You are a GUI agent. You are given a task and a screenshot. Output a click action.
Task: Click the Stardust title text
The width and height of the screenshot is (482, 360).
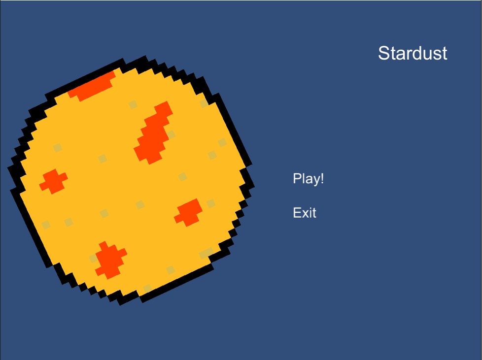pyautogui.click(x=413, y=53)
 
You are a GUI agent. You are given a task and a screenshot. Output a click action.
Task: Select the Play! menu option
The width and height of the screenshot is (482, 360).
pyautogui.click(x=308, y=179)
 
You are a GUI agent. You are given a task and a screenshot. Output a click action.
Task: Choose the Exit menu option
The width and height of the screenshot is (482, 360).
pyautogui.click(x=305, y=213)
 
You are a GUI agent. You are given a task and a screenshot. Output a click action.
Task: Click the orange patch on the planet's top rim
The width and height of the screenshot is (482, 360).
pyautogui.click(x=92, y=86)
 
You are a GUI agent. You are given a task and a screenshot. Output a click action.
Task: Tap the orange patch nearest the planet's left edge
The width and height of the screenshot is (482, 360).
pyautogui.click(x=53, y=181)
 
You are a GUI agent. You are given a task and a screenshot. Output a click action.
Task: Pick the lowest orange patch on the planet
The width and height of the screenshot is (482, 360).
pyautogui.click(x=110, y=260)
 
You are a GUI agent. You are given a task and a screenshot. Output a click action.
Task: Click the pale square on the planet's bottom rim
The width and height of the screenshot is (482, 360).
pyautogui.click(x=147, y=289)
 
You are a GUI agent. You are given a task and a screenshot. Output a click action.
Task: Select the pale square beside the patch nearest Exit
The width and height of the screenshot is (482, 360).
pyautogui.click(x=211, y=203)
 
